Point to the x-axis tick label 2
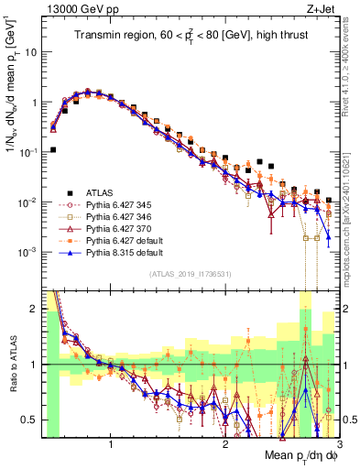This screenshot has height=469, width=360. pyautogui.click(x=225, y=446)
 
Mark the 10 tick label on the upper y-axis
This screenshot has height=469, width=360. pyautogui.click(x=34, y=52)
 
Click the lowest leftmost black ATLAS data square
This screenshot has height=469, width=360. pyautogui.click(x=53, y=149)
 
